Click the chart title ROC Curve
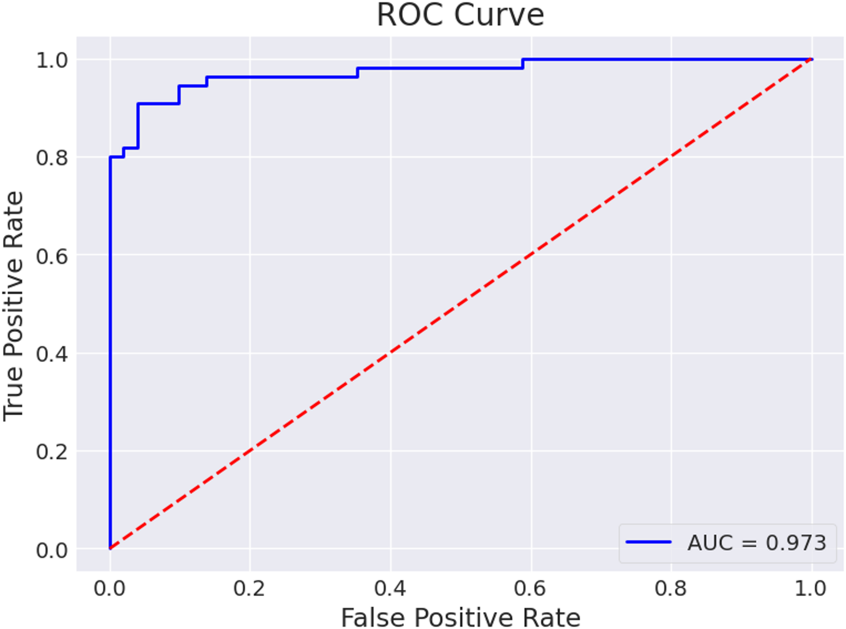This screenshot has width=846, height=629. point(460,15)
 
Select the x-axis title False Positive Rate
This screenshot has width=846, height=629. point(460,618)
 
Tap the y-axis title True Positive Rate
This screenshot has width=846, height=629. point(13,306)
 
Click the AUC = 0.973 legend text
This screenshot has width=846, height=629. point(757,543)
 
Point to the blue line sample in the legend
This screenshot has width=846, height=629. point(648,542)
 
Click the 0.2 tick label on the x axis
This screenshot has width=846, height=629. point(249,588)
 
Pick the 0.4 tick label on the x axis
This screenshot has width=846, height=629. point(390,588)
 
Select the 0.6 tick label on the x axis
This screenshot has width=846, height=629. point(530,588)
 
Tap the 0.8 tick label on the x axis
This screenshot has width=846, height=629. point(671,588)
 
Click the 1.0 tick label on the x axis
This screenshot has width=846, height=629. point(811,588)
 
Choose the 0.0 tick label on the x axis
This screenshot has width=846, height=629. point(110,588)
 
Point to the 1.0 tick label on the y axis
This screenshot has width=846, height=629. point(52,60)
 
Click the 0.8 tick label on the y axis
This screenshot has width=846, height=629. point(52,158)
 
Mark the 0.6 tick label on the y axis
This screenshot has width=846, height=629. point(52,256)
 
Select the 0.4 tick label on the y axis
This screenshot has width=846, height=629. point(52,354)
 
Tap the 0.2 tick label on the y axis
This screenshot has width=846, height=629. point(52,452)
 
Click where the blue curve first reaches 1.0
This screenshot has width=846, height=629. point(523,59)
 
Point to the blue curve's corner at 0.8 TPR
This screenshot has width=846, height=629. point(110,157)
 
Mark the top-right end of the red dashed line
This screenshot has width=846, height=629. point(811,59)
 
